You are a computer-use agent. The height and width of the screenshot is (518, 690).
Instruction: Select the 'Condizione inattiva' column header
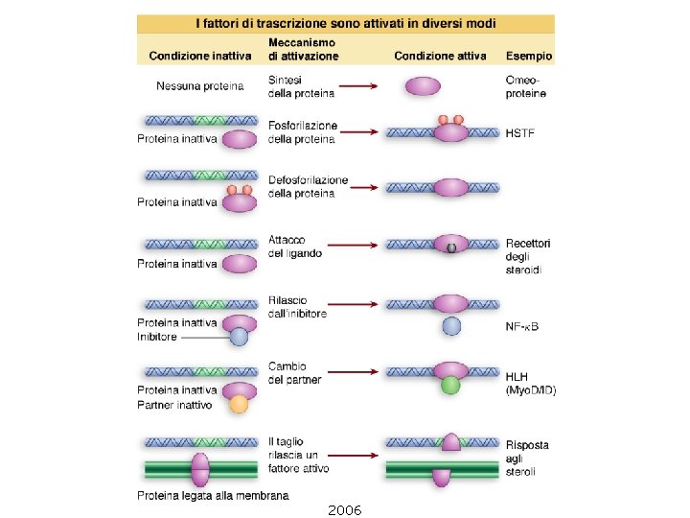click(200, 57)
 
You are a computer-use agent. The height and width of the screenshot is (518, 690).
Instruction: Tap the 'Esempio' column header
click(528, 57)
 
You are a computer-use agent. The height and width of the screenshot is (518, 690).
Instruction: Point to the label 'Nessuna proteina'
click(199, 86)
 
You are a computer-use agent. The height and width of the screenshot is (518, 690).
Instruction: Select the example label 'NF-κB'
click(521, 326)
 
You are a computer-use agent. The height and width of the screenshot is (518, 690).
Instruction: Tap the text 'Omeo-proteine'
click(526, 86)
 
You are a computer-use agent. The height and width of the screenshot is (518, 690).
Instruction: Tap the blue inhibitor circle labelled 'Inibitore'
click(239, 336)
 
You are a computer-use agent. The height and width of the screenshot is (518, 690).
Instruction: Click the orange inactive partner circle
click(239, 404)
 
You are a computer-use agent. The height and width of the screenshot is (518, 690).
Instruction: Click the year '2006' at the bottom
click(344, 509)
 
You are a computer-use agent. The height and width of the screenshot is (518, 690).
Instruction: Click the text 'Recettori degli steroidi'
click(528, 257)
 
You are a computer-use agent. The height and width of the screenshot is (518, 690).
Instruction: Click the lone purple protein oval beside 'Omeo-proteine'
click(424, 86)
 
